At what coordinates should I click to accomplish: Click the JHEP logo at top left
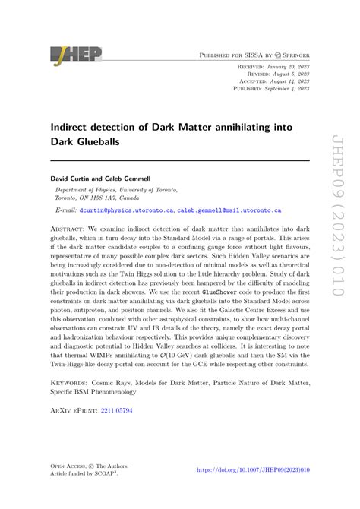pyautogui.click(x=75, y=55)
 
